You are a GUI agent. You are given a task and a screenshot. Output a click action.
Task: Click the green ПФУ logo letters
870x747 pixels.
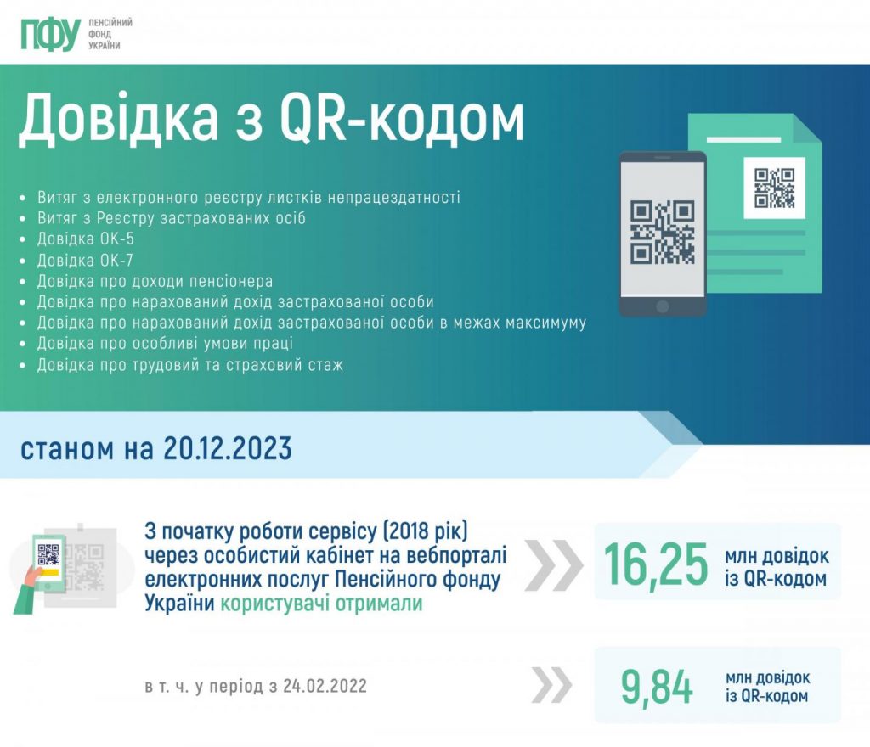(50, 34)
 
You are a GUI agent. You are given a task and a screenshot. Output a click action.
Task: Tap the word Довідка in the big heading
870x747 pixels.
(118, 117)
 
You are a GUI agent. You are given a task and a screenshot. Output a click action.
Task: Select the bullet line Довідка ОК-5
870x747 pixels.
(86, 239)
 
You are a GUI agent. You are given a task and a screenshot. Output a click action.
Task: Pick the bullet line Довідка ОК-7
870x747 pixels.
(85, 260)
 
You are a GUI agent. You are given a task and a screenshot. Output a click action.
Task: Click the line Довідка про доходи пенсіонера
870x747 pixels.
(155, 281)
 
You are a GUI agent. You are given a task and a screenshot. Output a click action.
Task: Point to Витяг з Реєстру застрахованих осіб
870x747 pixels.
(172, 218)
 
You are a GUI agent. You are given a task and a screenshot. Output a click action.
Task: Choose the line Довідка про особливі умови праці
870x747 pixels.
(165, 344)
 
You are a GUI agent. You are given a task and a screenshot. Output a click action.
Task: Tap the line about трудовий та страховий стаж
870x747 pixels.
(189, 365)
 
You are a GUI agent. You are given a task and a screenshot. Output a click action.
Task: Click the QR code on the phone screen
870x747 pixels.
(662, 232)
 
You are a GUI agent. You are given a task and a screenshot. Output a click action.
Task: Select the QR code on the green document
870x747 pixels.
(774, 188)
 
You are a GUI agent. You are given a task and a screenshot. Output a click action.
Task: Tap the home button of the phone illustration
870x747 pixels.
(662, 306)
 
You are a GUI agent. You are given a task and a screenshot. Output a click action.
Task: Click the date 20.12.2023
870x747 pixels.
(228, 448)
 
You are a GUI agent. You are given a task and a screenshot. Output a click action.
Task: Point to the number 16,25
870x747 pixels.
(656, 564)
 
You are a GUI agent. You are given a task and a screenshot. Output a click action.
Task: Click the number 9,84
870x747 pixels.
(657, 687)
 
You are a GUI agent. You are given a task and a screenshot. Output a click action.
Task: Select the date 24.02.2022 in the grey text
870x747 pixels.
(325, 686)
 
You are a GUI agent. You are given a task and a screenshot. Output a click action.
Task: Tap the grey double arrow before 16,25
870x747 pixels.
(553, 564)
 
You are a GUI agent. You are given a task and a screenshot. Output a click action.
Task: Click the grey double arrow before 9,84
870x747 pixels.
(551, 685)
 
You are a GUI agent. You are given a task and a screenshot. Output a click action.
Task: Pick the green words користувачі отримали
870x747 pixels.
(321, 603)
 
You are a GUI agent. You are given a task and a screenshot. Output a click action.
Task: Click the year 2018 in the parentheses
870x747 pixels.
(410, 531)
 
